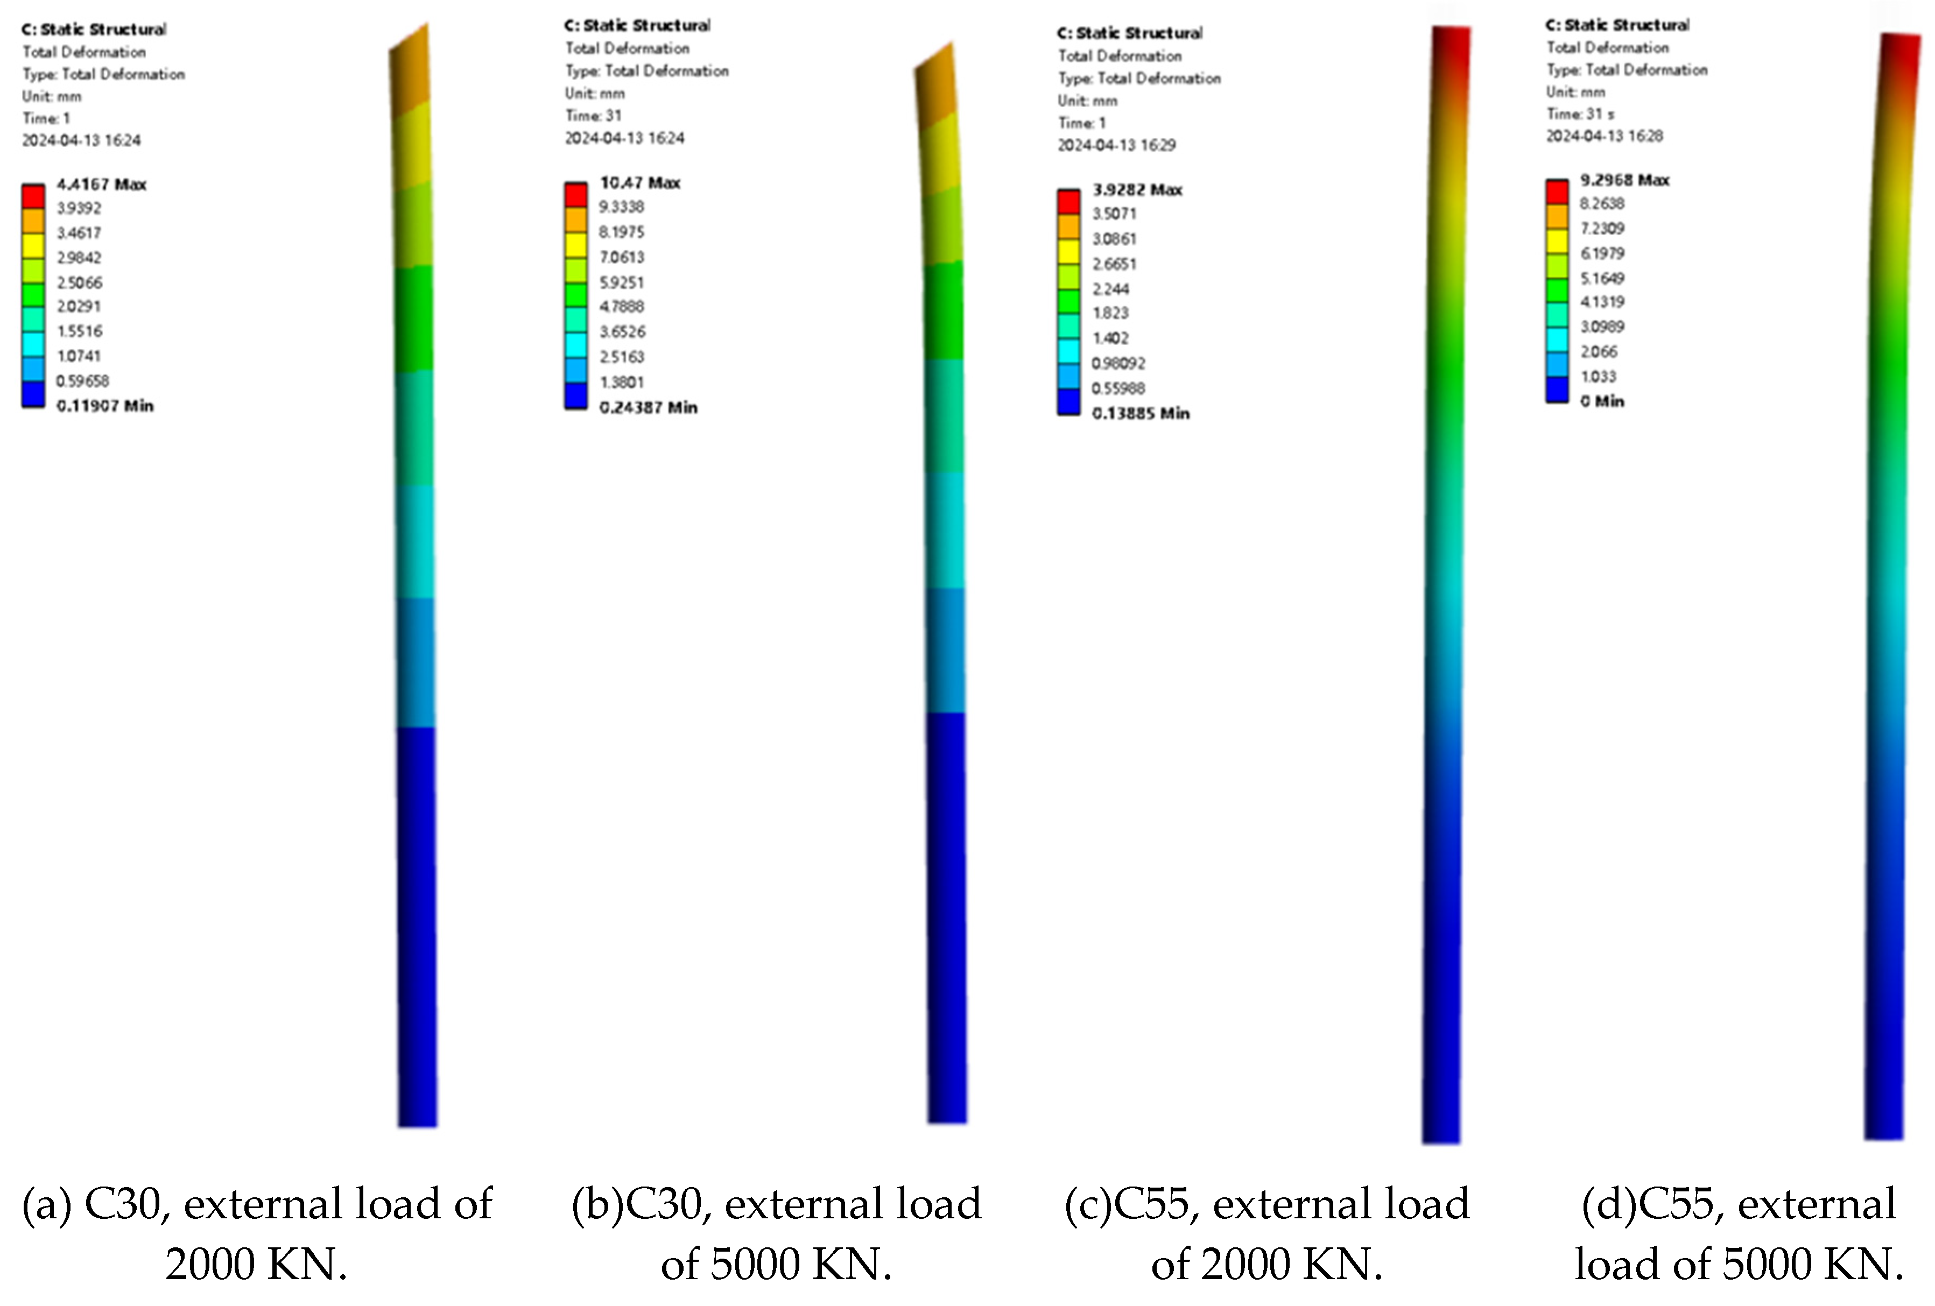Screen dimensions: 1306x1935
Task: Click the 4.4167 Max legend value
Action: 101,184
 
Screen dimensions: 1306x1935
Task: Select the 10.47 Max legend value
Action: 639,182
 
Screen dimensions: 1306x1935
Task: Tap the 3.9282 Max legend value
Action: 1137,190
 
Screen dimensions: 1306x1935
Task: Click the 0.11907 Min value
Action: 105,405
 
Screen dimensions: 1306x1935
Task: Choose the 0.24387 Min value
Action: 648,407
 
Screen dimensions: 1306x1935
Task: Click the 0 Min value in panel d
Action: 1602,401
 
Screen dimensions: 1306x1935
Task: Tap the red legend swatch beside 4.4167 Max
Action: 33,196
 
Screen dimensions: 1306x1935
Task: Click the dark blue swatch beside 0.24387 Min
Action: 575,396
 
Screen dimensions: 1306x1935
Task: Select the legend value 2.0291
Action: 78,306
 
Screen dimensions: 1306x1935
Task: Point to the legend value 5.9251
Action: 621,282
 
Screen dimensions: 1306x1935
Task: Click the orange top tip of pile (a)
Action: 411,70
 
